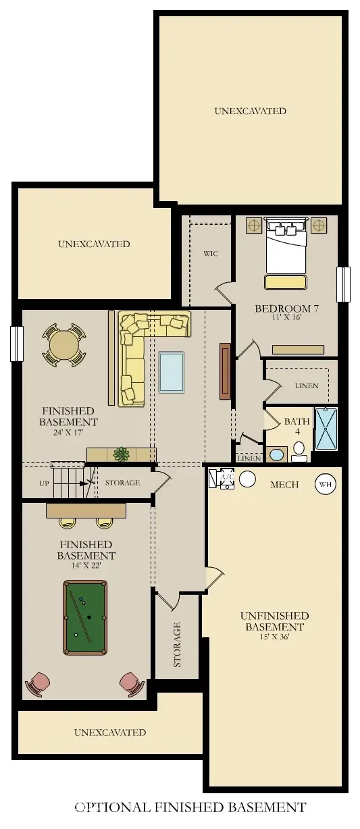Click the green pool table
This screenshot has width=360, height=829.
[85, 618]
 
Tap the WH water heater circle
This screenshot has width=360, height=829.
[326, 484]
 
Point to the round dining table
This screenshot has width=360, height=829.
[64, 345]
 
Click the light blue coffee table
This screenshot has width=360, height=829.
[172, 373]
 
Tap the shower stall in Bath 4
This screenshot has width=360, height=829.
[326, 429]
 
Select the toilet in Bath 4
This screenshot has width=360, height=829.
[299, 452]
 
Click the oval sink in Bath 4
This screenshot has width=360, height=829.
[277, 455]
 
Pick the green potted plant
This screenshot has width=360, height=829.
[121, 454]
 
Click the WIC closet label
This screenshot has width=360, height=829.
[210, 254]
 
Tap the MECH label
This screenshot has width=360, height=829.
[284, 485]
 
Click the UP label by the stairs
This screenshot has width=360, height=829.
[44, 483]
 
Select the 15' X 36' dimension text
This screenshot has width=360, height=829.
[274, 637]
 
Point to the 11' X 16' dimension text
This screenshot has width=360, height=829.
[286, 317]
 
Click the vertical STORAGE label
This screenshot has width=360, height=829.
[178, 645]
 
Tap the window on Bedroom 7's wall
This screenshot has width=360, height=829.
[343, 285]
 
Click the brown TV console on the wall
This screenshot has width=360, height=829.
[225, 371]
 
